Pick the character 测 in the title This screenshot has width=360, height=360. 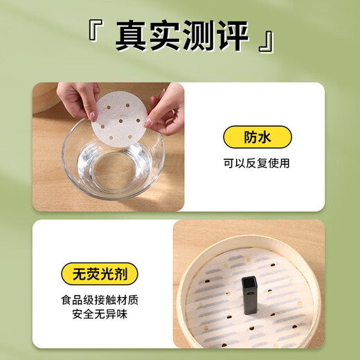(x=197, y=36)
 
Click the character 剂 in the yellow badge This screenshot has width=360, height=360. (x=125, y=271)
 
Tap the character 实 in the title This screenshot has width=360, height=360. (x=165, y=36)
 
